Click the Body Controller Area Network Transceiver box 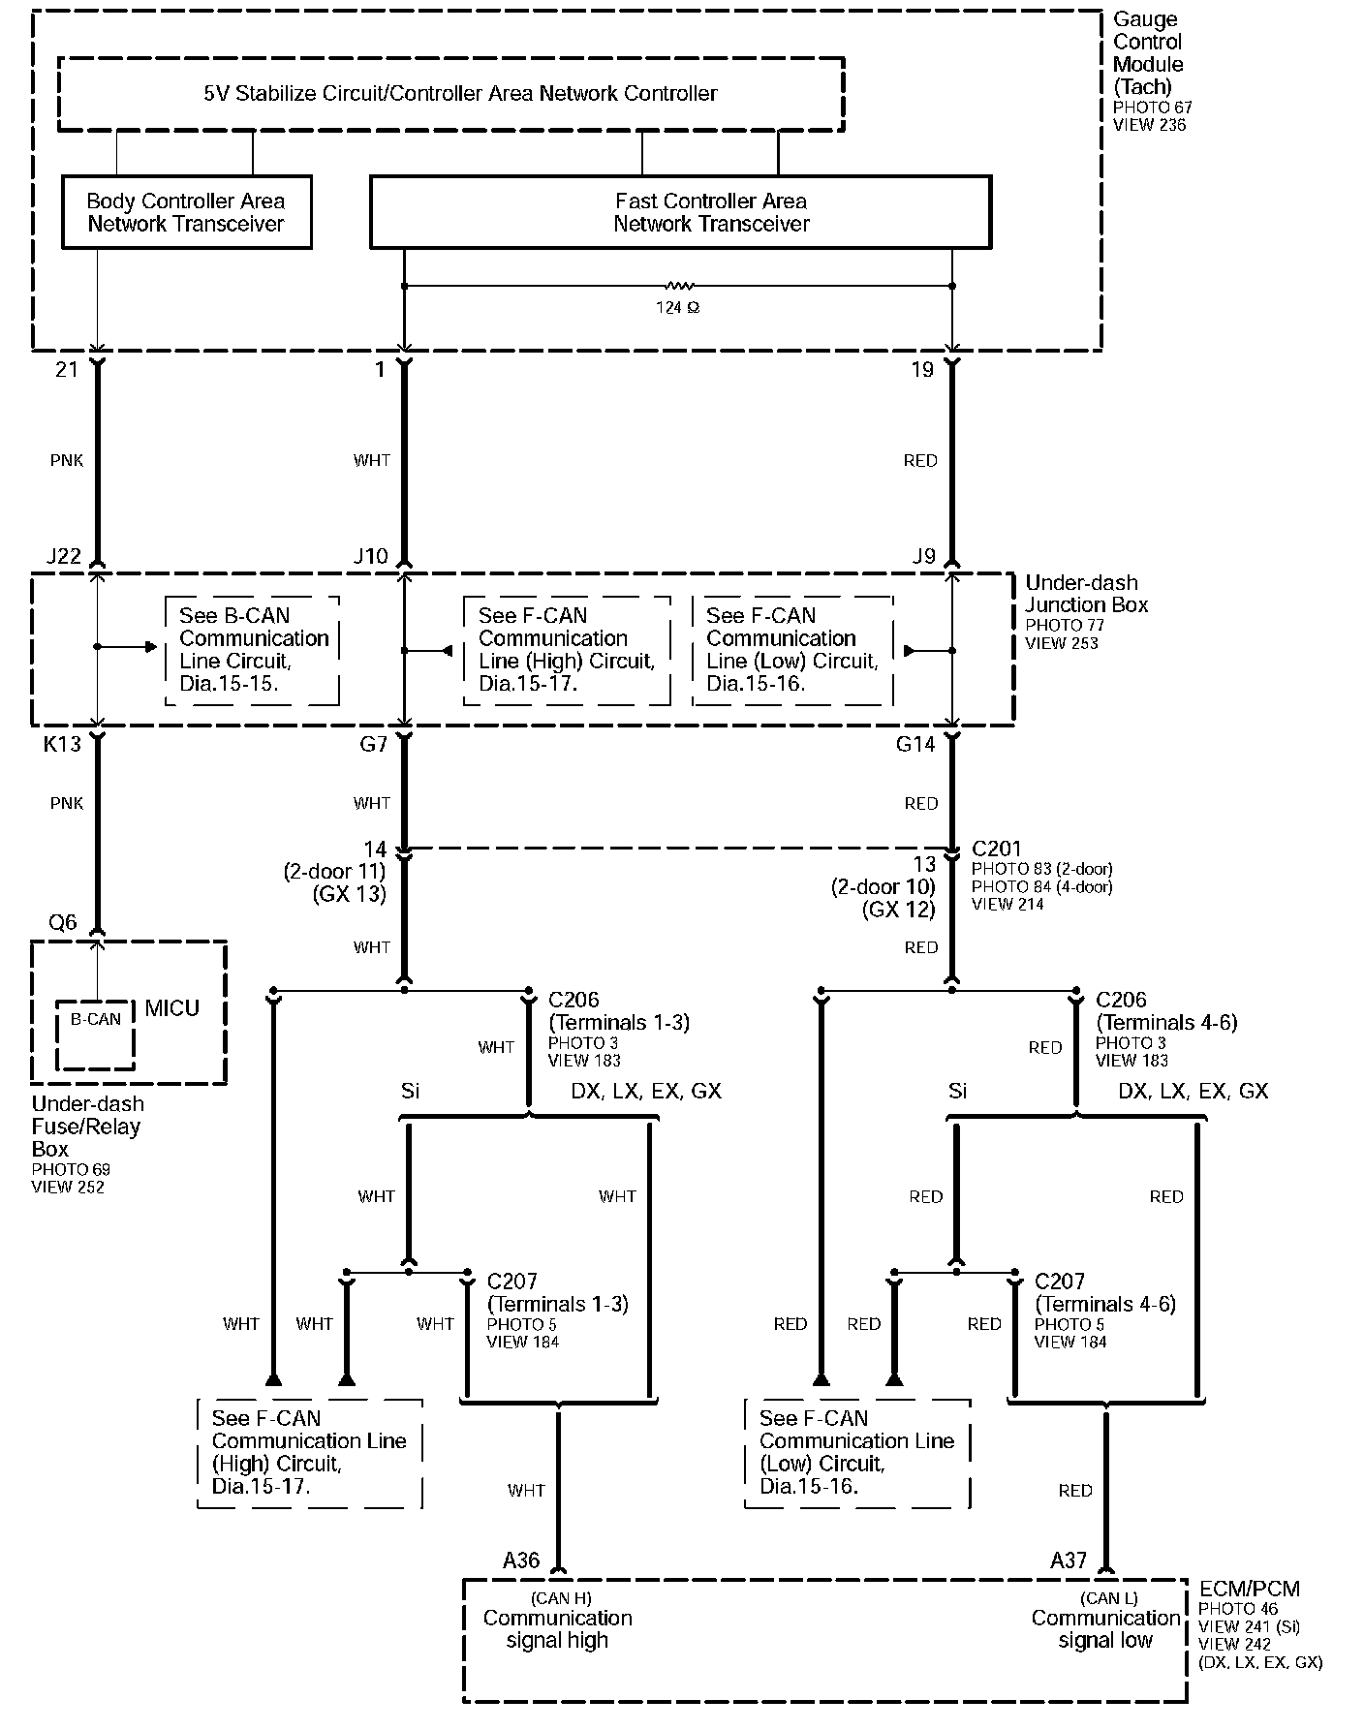coord(186,212)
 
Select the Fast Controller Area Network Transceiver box coord(680,212)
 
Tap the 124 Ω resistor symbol coord(678,287)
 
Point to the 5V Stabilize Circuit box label coord(460,94)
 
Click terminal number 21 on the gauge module coord(66,369)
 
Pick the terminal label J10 coord(370,556)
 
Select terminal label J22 coord(64,556)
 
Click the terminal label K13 coord(62,744)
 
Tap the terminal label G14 coord(914,744)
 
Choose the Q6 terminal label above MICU coord(62,922)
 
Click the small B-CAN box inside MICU coord(95,1034)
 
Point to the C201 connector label coord(996,849)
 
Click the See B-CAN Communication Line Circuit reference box coord(253,650)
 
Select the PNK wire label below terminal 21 coord(67,461)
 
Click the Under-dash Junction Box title coord(1086,594)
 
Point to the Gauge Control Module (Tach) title coord(1148,53)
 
